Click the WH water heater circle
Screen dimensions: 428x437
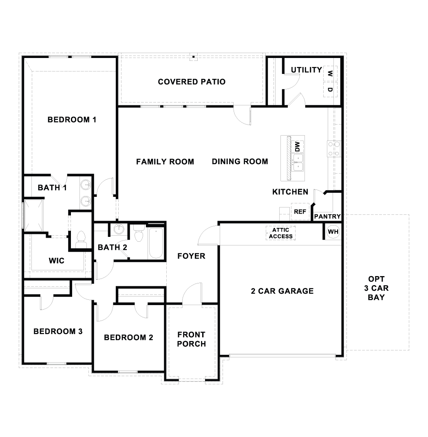click(333, 232)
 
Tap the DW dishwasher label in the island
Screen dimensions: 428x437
click(297, 147)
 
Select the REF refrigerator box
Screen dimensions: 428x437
click(300, 212)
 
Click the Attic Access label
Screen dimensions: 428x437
click(280, 233)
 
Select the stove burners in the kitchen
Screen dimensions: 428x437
click(334, 149)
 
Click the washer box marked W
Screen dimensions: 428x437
click(330, 74)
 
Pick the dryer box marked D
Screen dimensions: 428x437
click(330, 89)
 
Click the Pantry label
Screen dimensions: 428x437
click(327, 216)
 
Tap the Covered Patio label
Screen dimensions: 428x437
click(192, 82)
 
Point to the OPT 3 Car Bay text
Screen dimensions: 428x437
click(376, 288)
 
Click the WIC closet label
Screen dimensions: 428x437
click(57, 261)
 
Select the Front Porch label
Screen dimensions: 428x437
click(192, 339)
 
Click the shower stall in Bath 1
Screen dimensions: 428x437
click(34, 215)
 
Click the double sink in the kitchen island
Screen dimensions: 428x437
click(298, 163)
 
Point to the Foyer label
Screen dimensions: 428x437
click(191, 256)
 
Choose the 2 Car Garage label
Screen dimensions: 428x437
click(282, 291)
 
